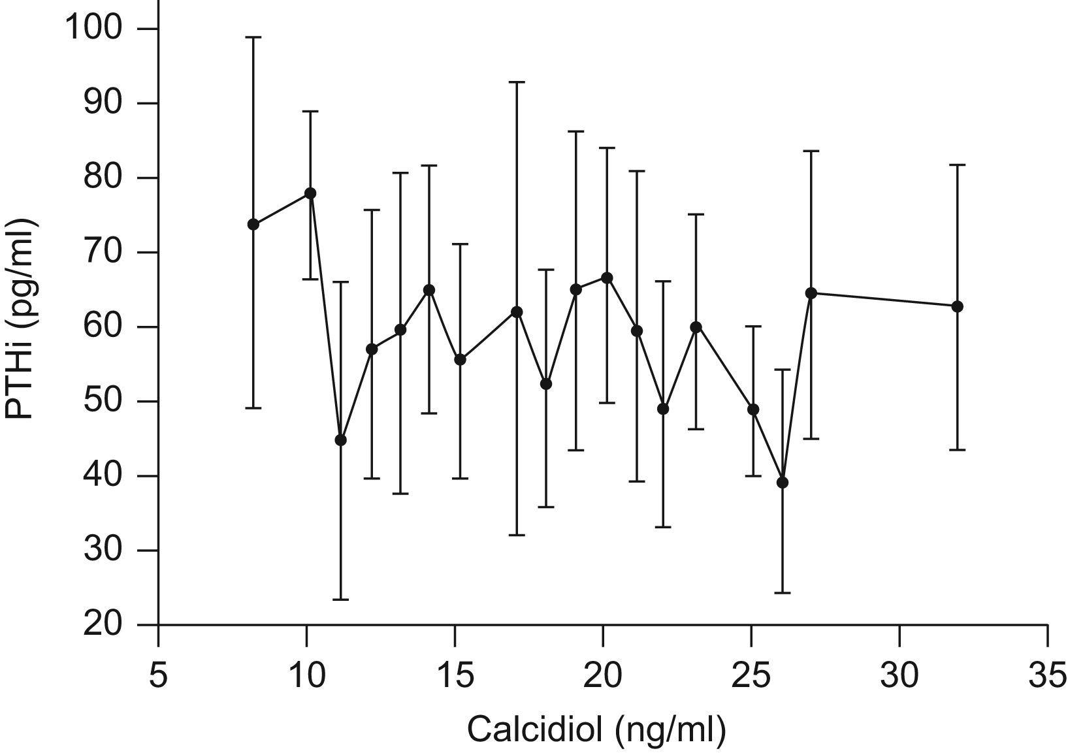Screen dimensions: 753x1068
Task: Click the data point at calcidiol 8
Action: click(x=253, y=224)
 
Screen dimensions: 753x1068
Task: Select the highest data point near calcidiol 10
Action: click(x=310, y=193)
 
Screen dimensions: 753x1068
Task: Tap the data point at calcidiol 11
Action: click(x=340, y=440)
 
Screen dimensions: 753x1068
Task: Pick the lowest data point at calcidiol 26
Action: click(x=783, y=483)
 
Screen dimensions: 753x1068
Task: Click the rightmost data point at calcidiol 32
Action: click(x=957, y=306)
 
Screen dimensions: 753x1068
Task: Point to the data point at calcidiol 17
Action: click(x=517, y=312)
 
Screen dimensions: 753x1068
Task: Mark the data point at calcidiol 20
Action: click(x=607, y=278)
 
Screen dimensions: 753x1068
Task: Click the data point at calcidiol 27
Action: click(x=811, y=293)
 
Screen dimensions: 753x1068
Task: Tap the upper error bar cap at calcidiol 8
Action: click(x=253, y=37)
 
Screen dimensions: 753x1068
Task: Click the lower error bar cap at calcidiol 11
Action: click(x=340, y=599)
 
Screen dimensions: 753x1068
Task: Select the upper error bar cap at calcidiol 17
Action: click(x=517, y=82)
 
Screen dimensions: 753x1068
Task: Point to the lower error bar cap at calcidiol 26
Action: click(x=783, y=592)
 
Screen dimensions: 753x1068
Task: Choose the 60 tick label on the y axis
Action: click(x=103, y=327)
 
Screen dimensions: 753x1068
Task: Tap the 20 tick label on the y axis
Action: click(x=103, y=625)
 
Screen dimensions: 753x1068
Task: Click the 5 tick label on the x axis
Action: click(x=158, y=676)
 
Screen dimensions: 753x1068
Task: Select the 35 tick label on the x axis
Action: click(x=1047, y=676)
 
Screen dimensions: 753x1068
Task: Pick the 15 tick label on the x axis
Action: click(x=455, y=676)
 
